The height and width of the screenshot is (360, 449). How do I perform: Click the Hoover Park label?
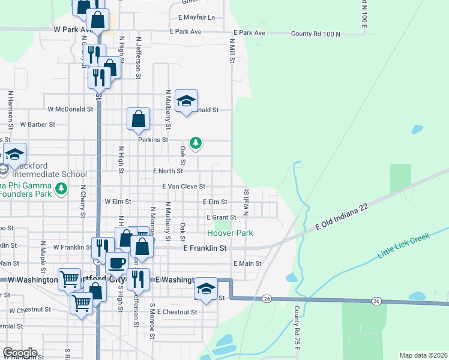tap(230, 233)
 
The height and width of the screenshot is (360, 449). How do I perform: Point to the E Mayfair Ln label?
tap(192, 17)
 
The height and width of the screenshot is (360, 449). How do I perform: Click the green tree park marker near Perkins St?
tap(195, 143)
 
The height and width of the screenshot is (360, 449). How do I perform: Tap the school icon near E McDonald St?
tap(186, 101)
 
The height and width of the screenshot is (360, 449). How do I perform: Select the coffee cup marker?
tap(118, 262)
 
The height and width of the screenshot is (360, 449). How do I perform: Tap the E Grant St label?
tap(221, 217)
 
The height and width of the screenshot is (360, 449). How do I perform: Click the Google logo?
tap(20, 353)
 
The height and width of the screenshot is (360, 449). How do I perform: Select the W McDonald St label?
tap(71, 109)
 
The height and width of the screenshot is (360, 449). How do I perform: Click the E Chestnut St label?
tap(176, 312)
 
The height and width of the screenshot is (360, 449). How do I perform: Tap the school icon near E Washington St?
tap(205, 289)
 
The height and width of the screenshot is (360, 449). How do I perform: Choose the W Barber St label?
tap(37, 125)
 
